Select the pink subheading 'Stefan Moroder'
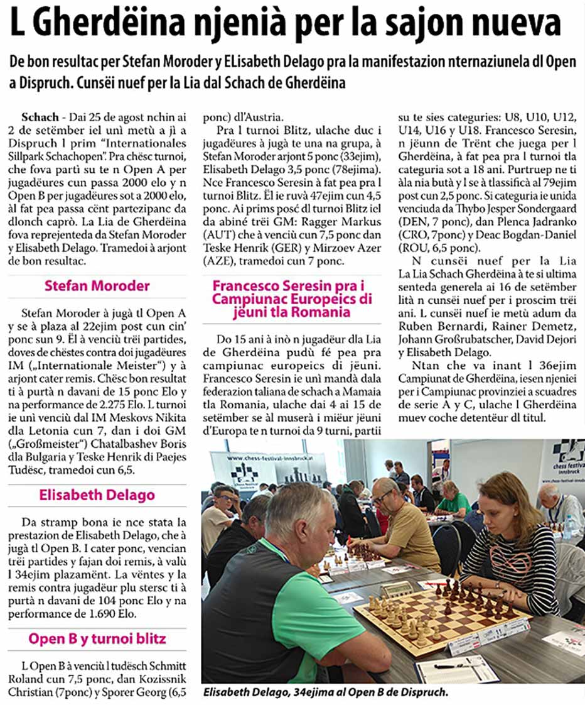[x=97, y=286]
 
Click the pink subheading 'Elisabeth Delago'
[x=97, y=495]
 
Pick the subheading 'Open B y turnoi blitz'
[x=97, y=640]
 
